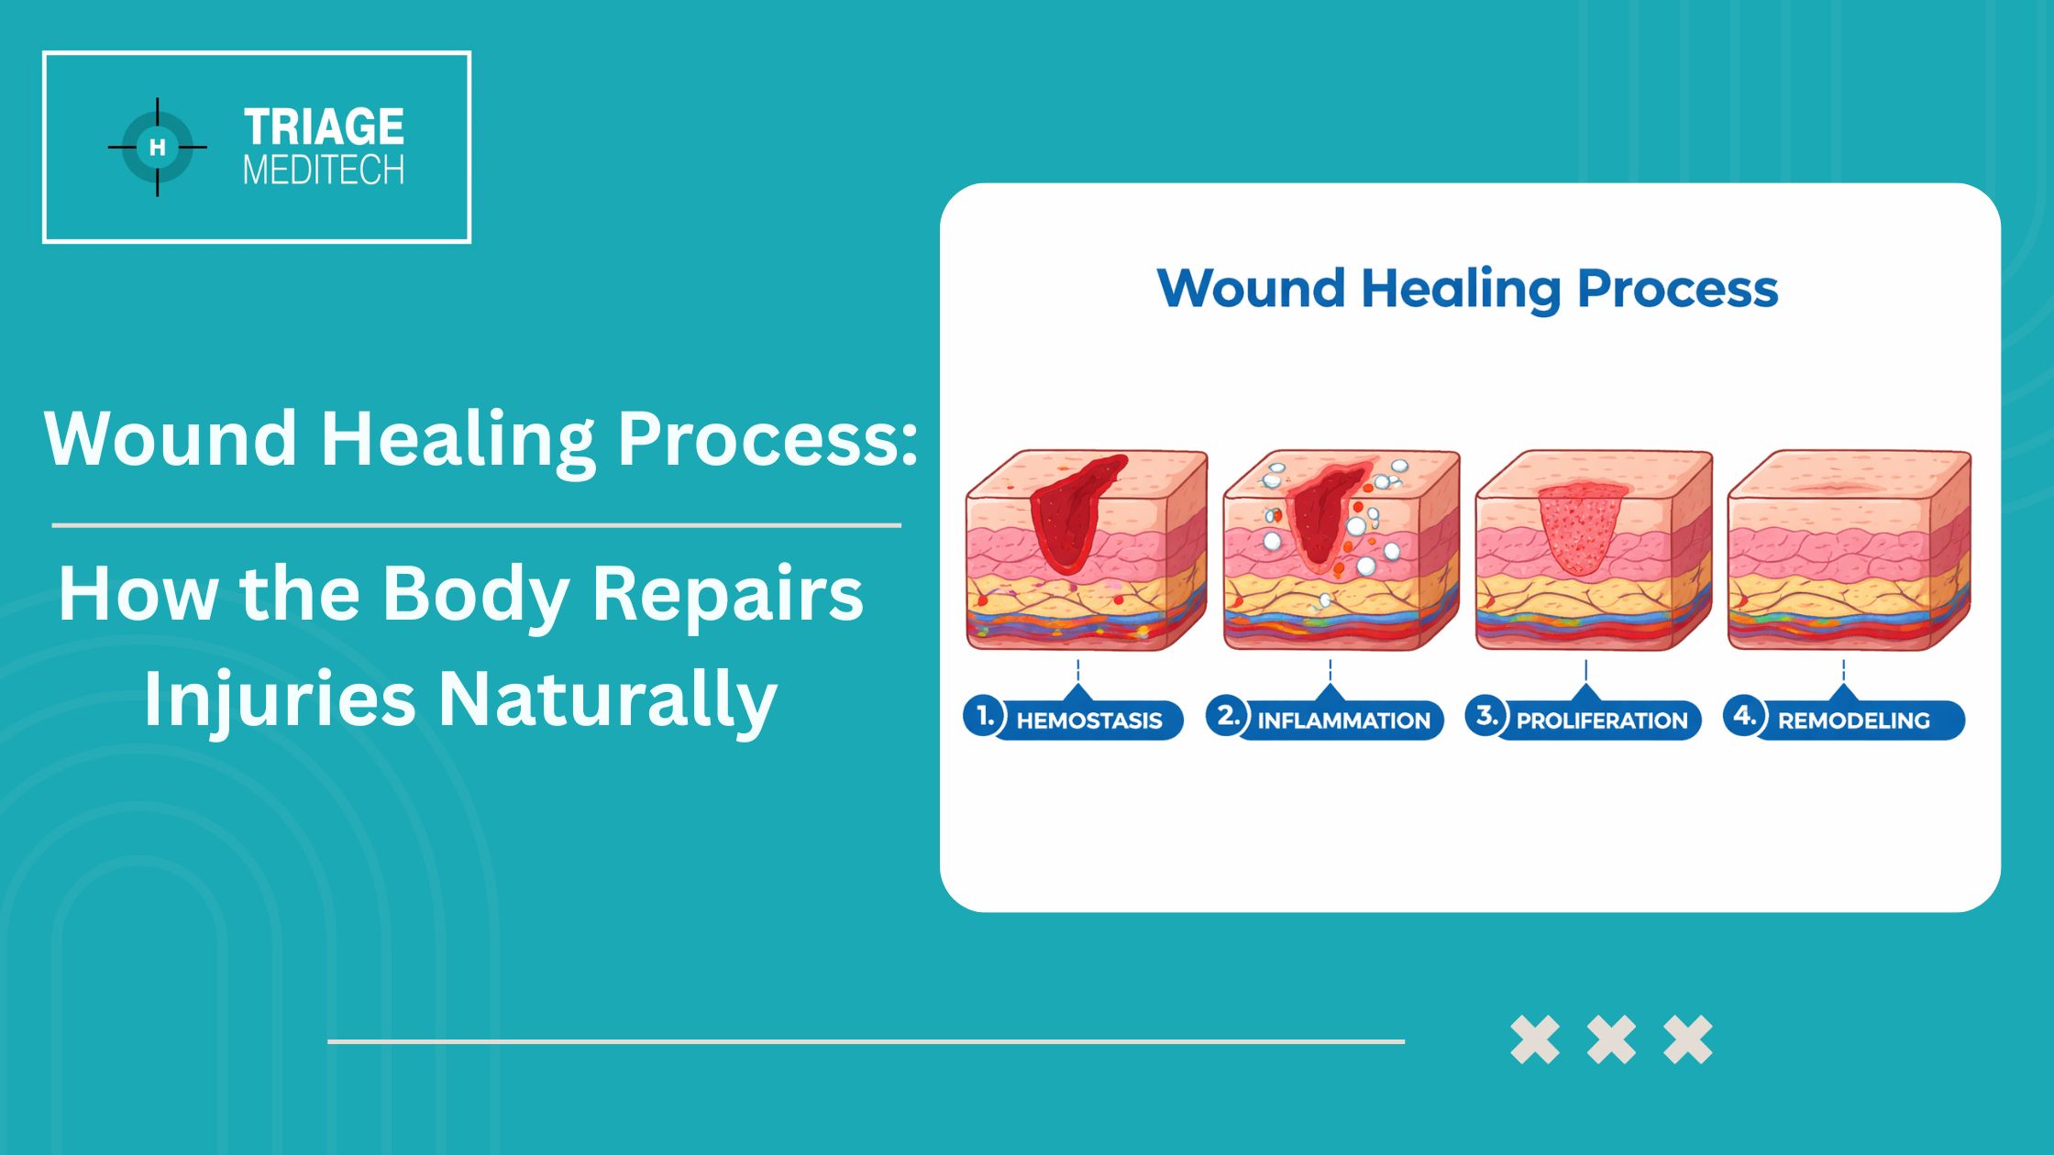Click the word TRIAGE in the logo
[324, 126]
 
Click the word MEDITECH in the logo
[324, 170]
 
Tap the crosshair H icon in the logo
[158, 147]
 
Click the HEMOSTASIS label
[1089, 720]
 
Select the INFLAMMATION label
[1343, 720]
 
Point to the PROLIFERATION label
[1602, 720]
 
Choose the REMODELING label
[1854, 720]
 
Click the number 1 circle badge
[985, 716]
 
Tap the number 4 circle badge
[1744, 716]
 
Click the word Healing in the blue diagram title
[1461, 290]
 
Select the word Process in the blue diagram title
[1677, 290]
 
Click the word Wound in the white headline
[171, 438]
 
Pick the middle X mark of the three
[1611, 1039]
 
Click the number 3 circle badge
[1486, 716]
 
